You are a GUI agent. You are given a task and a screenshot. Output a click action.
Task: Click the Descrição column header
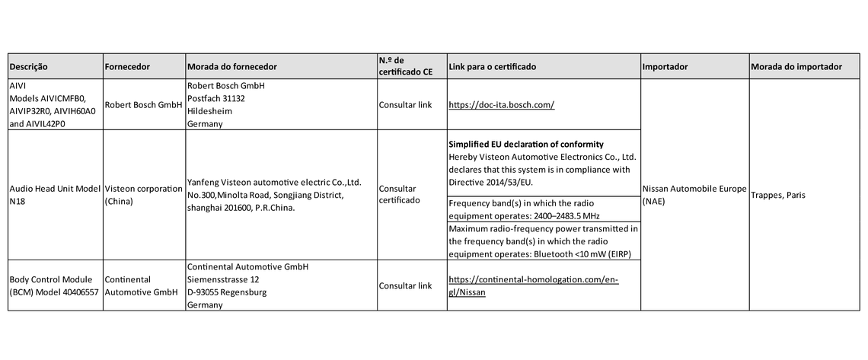[28, 67]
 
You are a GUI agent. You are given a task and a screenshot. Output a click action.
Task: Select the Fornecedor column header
[127, 67]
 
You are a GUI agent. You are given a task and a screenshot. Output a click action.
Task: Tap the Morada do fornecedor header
[231, 67]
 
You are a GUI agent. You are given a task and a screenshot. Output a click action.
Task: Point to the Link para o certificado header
[492, 67]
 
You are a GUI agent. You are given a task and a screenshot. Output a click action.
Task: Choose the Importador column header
[665, 67]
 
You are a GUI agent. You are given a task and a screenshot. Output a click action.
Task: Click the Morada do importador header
[796, 67]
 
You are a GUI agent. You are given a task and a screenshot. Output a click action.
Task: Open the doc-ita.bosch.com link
[501, 104]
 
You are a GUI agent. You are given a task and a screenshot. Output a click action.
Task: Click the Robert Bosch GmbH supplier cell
[143, 104]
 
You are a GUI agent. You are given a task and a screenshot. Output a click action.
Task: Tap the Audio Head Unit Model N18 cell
[55, 195]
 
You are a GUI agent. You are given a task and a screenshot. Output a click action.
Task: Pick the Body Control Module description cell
[55, 286]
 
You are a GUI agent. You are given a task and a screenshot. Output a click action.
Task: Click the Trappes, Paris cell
[778, 195]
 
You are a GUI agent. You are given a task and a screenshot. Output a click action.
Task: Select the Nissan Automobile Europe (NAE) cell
[694, 195]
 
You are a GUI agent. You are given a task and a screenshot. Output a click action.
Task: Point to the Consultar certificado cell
[398, 195]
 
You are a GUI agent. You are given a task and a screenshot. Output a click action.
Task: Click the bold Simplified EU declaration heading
[526, 145]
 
